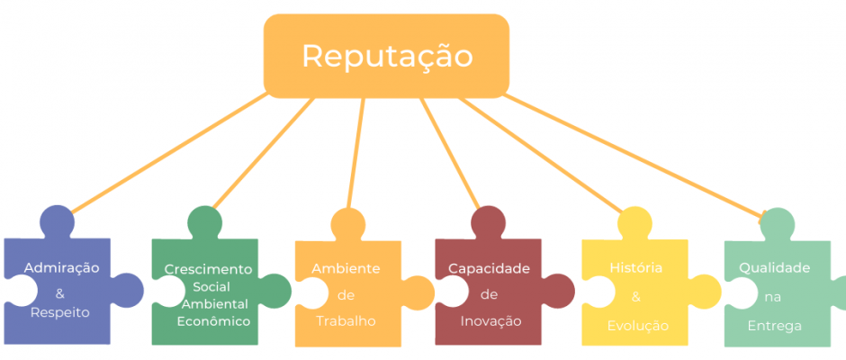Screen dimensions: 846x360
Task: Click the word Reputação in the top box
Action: [387, 56]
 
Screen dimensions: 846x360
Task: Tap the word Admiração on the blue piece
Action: [61, 267]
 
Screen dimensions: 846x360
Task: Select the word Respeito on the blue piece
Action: [60, 312]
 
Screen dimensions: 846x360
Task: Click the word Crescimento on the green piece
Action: [208, 269]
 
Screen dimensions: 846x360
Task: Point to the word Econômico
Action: [213, 321]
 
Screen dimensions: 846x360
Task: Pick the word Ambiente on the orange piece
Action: [346, 269]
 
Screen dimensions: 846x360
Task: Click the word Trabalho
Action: [346, 321]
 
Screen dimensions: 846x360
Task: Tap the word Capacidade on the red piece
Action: [489, 269]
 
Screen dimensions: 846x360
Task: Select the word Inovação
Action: [491, 321]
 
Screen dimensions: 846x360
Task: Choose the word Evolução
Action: [638, 326]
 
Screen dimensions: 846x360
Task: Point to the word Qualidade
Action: [774, 267]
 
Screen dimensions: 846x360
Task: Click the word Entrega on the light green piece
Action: [774, 326]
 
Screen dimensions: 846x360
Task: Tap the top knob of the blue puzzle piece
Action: [58, 222]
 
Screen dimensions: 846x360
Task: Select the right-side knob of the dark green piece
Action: [275, 292]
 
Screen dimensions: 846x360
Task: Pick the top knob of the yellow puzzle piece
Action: [634, 223]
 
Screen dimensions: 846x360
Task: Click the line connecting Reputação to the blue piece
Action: [168, 153]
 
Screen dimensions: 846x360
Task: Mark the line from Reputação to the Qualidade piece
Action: [634, 157]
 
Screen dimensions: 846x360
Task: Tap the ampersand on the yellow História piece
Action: [636, 297]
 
